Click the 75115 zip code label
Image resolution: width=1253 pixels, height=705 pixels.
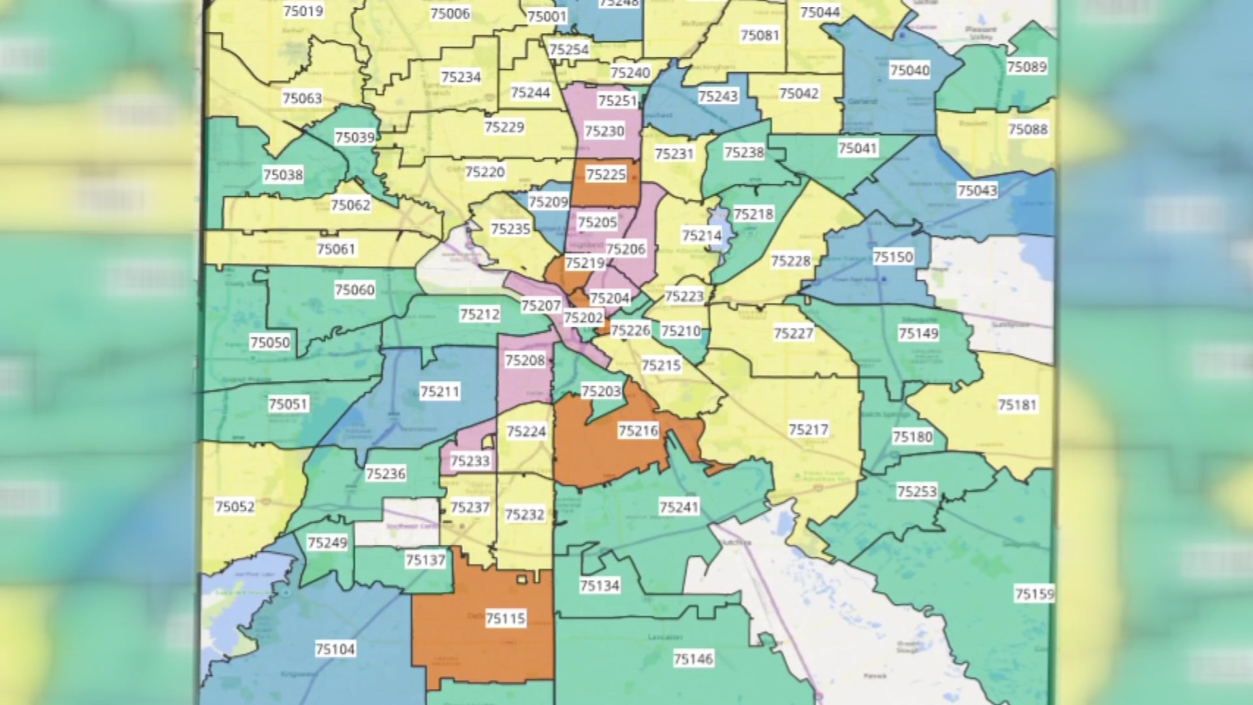tap(506, 618)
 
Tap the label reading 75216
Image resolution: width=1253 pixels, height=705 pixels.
tap(638, 431)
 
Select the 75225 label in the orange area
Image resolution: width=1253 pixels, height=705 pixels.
tap(606, 174)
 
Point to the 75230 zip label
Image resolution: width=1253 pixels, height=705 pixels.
tap(604, 131)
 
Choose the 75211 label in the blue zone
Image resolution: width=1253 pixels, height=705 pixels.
tap(439, 392)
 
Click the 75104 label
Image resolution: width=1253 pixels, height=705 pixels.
tap(335, 649)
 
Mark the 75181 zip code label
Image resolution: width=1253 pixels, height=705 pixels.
tap(1017, 405)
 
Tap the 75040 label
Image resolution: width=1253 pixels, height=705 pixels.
tap(910, 70)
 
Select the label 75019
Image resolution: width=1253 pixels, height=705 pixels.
tap(303, 11)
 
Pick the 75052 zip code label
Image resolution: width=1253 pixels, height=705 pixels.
tap(235, 507)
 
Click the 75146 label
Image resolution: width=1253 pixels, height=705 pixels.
tap(693, 659)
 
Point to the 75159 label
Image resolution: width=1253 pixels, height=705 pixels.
tap(1034, 594)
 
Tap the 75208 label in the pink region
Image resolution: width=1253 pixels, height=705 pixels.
tap(525, 360)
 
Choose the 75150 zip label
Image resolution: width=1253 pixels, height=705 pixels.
tap(893, 257)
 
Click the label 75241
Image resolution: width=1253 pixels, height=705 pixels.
tap(679, 507)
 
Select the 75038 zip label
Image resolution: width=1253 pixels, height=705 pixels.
tap(283, 175)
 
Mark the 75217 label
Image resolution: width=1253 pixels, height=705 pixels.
tap(808, 430)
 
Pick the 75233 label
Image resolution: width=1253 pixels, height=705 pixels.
tap(470, 462)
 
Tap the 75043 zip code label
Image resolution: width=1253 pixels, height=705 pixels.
tap(977, 191)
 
